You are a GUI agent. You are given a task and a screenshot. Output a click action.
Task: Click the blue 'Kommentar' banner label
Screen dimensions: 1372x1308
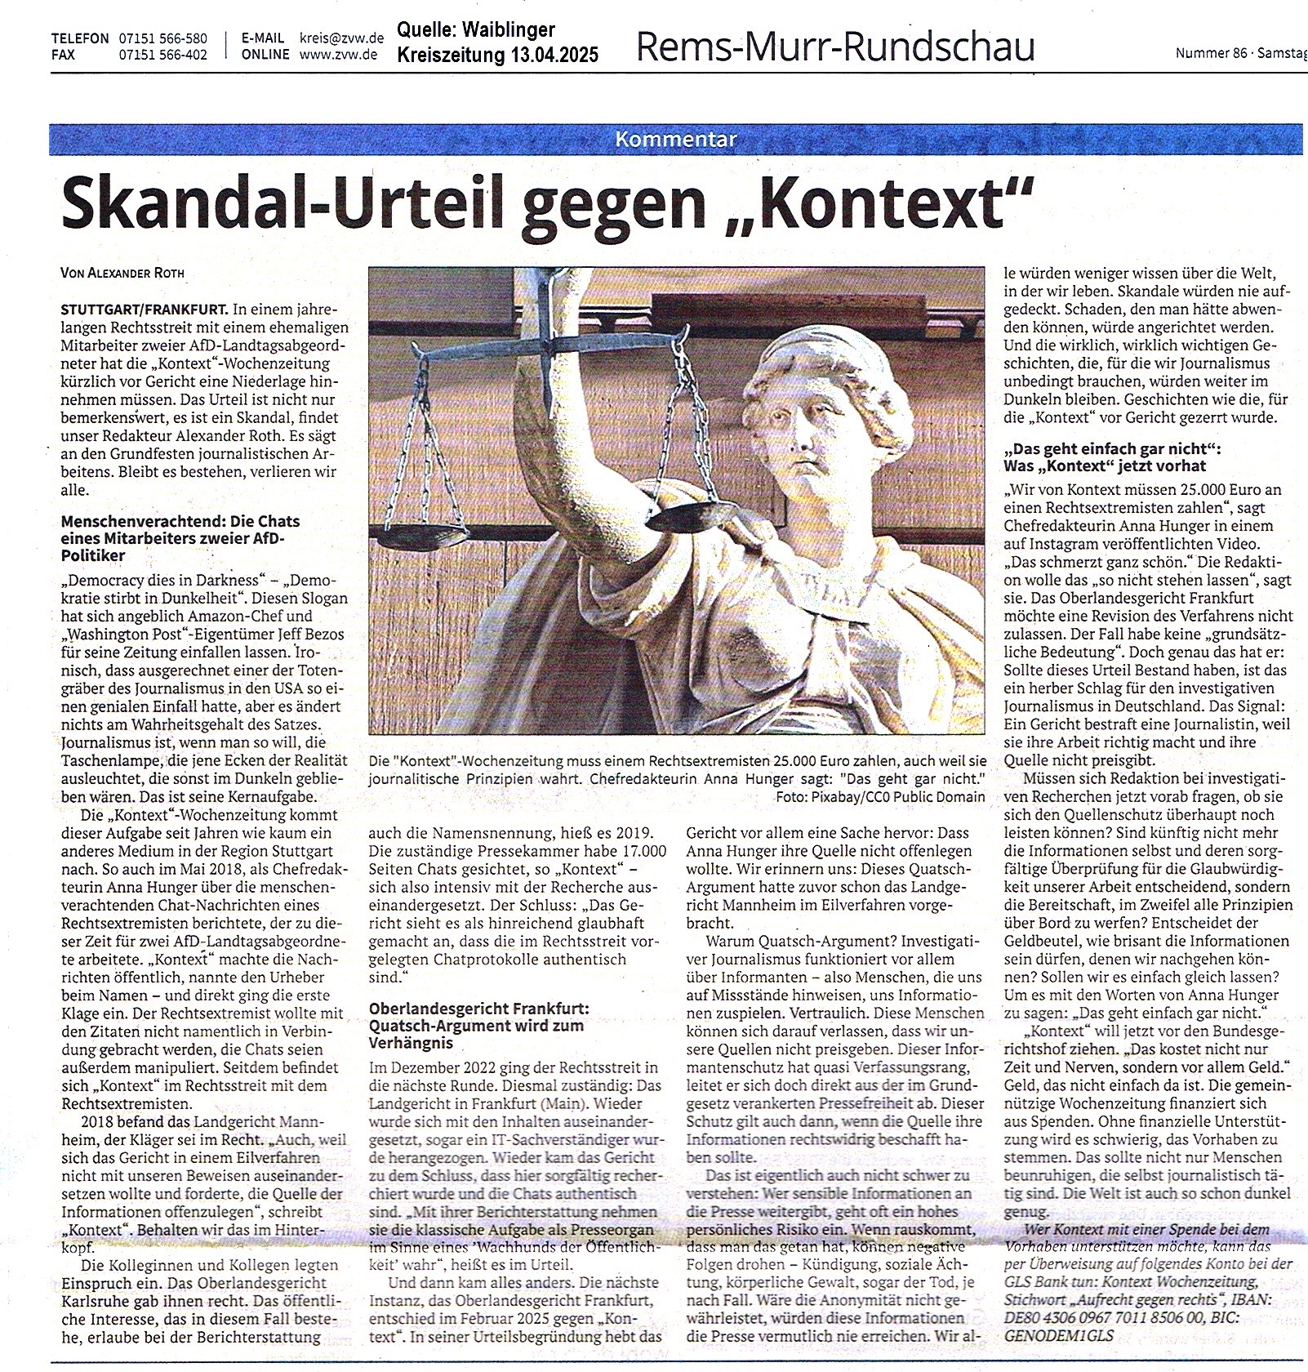click(676, 140)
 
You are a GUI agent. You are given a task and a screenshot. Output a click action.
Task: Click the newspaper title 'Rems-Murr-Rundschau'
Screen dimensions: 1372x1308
click(834, 47)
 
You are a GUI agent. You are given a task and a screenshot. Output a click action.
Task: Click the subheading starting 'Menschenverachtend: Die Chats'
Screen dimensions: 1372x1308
click(180, 521)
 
